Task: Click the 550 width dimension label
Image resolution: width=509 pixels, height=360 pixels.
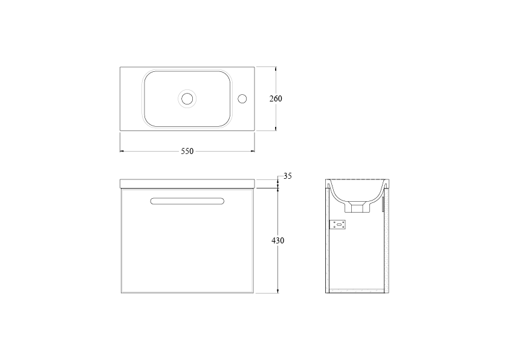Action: (x=187, y=151)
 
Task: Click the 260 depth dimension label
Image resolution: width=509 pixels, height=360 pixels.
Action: (x=276, y=98)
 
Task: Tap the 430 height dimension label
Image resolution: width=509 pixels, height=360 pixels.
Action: (x=278, y=240)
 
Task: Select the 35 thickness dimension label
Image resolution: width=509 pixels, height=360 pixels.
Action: (x=288, y=176)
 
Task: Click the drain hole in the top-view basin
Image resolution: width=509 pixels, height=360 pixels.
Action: (x=187, y=98)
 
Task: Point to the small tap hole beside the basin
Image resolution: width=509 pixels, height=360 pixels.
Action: (x=242, y=98)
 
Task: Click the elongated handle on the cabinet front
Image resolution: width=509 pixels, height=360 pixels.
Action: (x=187, y=201)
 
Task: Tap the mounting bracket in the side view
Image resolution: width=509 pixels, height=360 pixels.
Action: (x=337, y=225)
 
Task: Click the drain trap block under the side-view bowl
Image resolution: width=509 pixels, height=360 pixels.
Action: (x=357, y=207)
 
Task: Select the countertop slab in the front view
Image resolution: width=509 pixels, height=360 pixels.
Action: (x=187, y=184)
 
